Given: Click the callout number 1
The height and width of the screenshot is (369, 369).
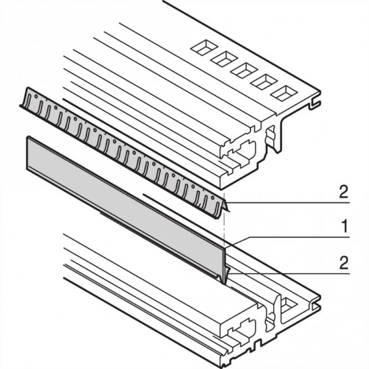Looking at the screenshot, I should pyautogui.click(x=343, y=226).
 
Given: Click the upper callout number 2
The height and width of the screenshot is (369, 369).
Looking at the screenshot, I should pyautogui.click(x=343, y=193).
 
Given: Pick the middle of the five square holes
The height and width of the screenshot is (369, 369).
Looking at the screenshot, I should pyautogui.click(x=242, y=69).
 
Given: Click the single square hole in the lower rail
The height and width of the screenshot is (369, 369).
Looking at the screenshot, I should pyautogui.click(x=290, y=304).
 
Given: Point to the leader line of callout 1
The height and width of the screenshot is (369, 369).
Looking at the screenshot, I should pyautogui.click(x=289, y=237).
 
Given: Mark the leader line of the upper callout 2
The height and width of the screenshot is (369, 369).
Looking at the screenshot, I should pyautogui.click(x=289, y=204).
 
